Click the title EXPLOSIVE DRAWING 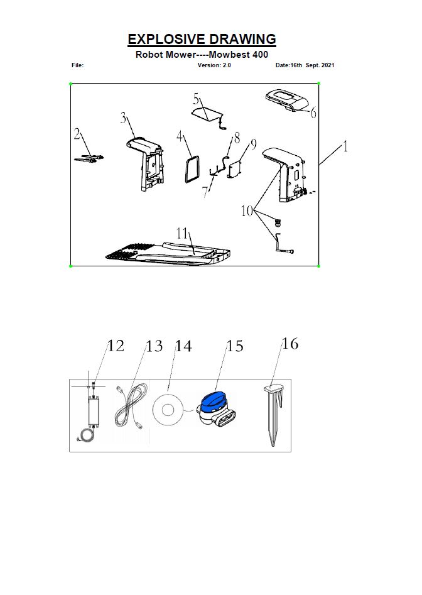202,39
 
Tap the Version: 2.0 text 214,65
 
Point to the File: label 78,65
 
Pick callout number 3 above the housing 124,118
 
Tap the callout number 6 313,113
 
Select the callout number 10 248,210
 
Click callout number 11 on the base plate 182,233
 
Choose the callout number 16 289,344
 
